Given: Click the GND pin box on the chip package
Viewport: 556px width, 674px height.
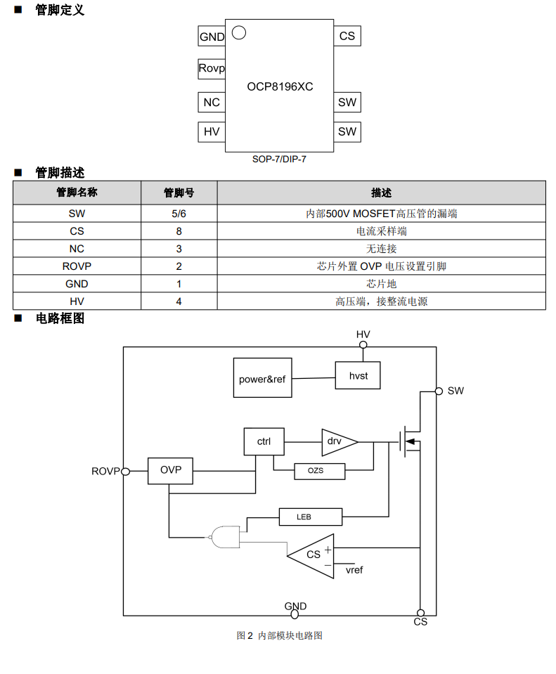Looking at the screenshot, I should point(212,37).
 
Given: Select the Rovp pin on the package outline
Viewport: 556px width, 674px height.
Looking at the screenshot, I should point(212,68).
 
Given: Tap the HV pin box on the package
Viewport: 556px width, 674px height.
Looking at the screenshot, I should point(212,131).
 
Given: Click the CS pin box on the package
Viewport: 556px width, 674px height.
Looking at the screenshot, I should point(347,36).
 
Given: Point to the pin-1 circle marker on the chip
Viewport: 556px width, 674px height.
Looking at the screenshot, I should point(238,32).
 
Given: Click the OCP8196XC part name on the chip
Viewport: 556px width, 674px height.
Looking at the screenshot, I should point(280,86).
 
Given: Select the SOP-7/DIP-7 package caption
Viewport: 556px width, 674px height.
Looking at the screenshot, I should point(280,160).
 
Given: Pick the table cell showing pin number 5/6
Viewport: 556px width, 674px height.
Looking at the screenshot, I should point(179,214).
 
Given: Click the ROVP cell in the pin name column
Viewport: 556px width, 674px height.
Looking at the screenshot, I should point(77,266).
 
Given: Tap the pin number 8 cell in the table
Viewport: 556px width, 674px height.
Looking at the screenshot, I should point(179,231).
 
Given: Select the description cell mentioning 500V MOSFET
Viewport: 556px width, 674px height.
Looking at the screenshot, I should point(381,214).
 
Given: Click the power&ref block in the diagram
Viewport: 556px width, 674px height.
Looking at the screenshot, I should point(262,379).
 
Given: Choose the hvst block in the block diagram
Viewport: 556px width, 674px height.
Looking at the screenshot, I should point(358,375).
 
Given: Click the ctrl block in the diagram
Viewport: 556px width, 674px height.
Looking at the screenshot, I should point(264,441).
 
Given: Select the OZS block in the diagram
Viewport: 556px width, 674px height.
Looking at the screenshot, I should point(319,471).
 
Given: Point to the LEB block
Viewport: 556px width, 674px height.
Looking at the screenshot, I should point(310,517).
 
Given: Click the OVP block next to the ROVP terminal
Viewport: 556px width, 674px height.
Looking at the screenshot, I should point(171,470).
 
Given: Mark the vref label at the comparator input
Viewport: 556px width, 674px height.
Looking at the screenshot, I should point(354,570).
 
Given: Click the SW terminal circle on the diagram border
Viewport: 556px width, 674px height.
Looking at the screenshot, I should point(439,391).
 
